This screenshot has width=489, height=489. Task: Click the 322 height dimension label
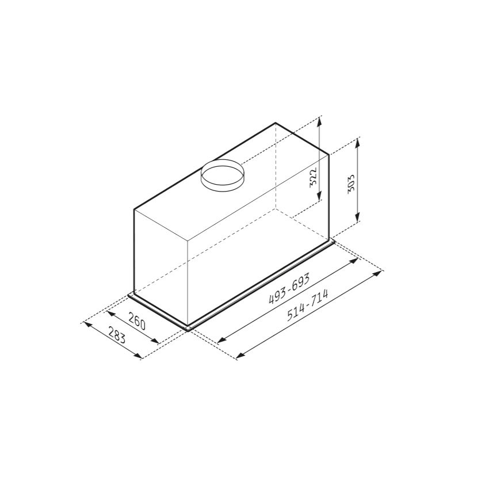tap(314, 177)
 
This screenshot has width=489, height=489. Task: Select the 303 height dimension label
tap(351, 184)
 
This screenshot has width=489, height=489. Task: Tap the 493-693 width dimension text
tap(289, 288)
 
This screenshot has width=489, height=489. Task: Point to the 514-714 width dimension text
tap(308, 305)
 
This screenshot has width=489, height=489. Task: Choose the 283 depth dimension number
tap(117, 335)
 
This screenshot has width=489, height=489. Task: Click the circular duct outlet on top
tap(221, 175)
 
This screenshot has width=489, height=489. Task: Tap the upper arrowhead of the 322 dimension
tap(319, 121)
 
